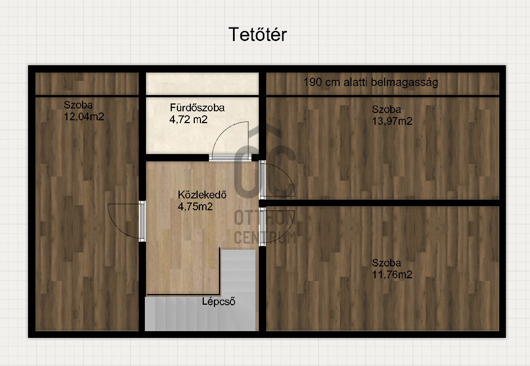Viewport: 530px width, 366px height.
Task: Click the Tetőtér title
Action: (258, 34)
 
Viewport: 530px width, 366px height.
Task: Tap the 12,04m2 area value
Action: (84, 117)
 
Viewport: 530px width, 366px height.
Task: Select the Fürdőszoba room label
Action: (197, 108)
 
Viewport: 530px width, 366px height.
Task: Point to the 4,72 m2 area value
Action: (188, 120)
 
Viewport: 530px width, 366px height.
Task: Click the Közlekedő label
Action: (202, 195)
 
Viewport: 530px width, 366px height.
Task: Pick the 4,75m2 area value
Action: (195, 206)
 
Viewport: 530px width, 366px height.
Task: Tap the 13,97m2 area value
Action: (392, 121)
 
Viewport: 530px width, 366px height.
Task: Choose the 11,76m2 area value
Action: (392, 274)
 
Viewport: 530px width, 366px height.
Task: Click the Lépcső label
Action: (219, 302)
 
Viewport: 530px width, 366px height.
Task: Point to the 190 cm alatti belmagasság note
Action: (371, 82)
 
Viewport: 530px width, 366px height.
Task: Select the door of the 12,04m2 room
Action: (142, 221)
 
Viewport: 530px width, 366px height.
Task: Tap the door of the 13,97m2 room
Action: (262, 179)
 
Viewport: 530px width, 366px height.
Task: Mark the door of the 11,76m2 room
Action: (262, 227)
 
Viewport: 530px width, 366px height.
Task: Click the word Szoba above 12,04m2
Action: (79, 105)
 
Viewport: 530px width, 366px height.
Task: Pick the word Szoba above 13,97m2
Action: (386, 110)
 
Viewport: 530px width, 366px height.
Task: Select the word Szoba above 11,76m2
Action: (386, 263)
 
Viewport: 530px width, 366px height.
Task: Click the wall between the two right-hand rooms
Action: (379, 203)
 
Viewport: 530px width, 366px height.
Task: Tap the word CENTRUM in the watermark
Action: (266, 237)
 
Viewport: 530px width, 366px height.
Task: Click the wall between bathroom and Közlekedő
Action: (177, 157)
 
